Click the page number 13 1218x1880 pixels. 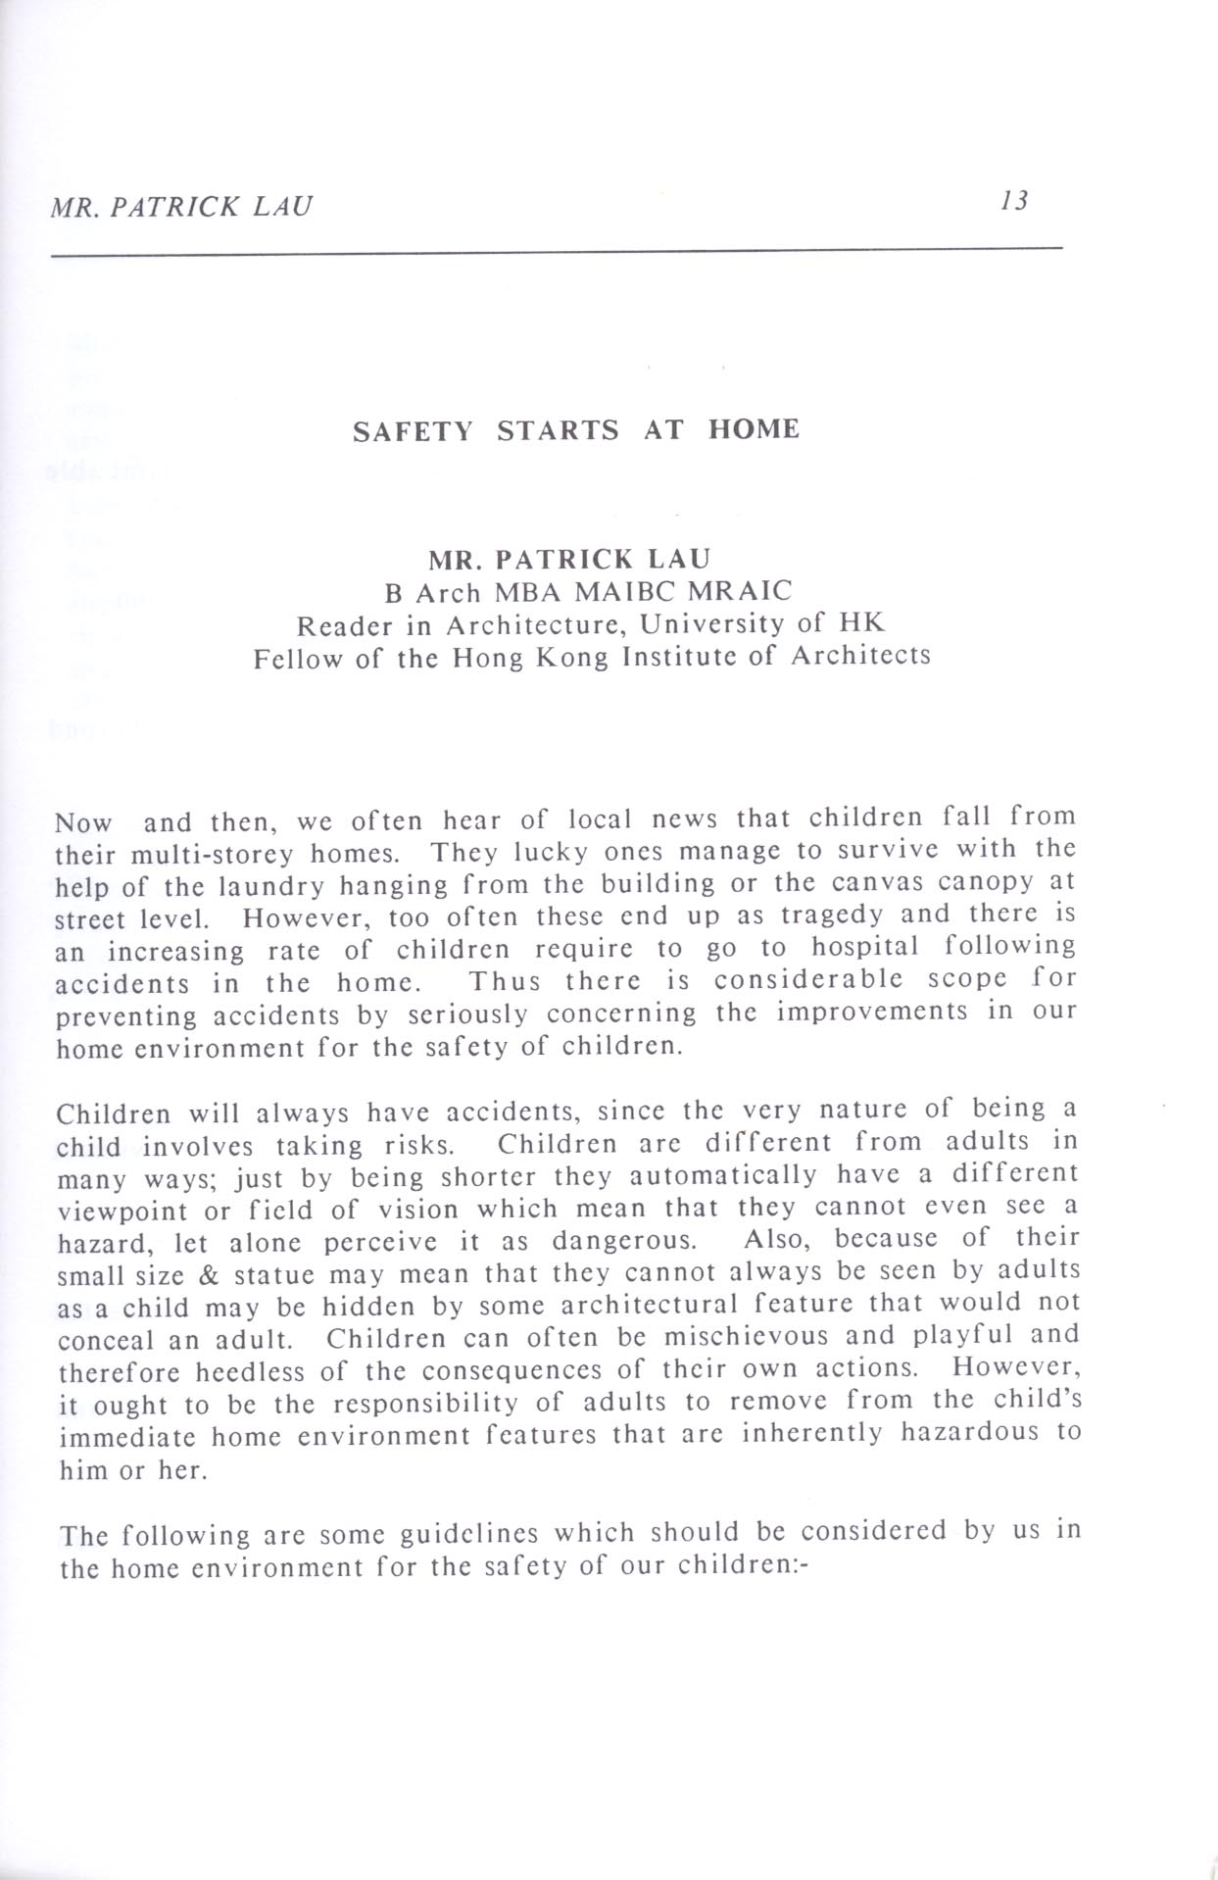(1015, 201)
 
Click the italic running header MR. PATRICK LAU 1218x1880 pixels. (182, 207)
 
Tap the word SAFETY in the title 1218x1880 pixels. (413, 430)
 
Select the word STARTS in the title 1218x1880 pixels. (558, 430)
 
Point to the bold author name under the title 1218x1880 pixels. (569, 559)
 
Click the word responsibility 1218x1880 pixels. (425, 1404)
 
